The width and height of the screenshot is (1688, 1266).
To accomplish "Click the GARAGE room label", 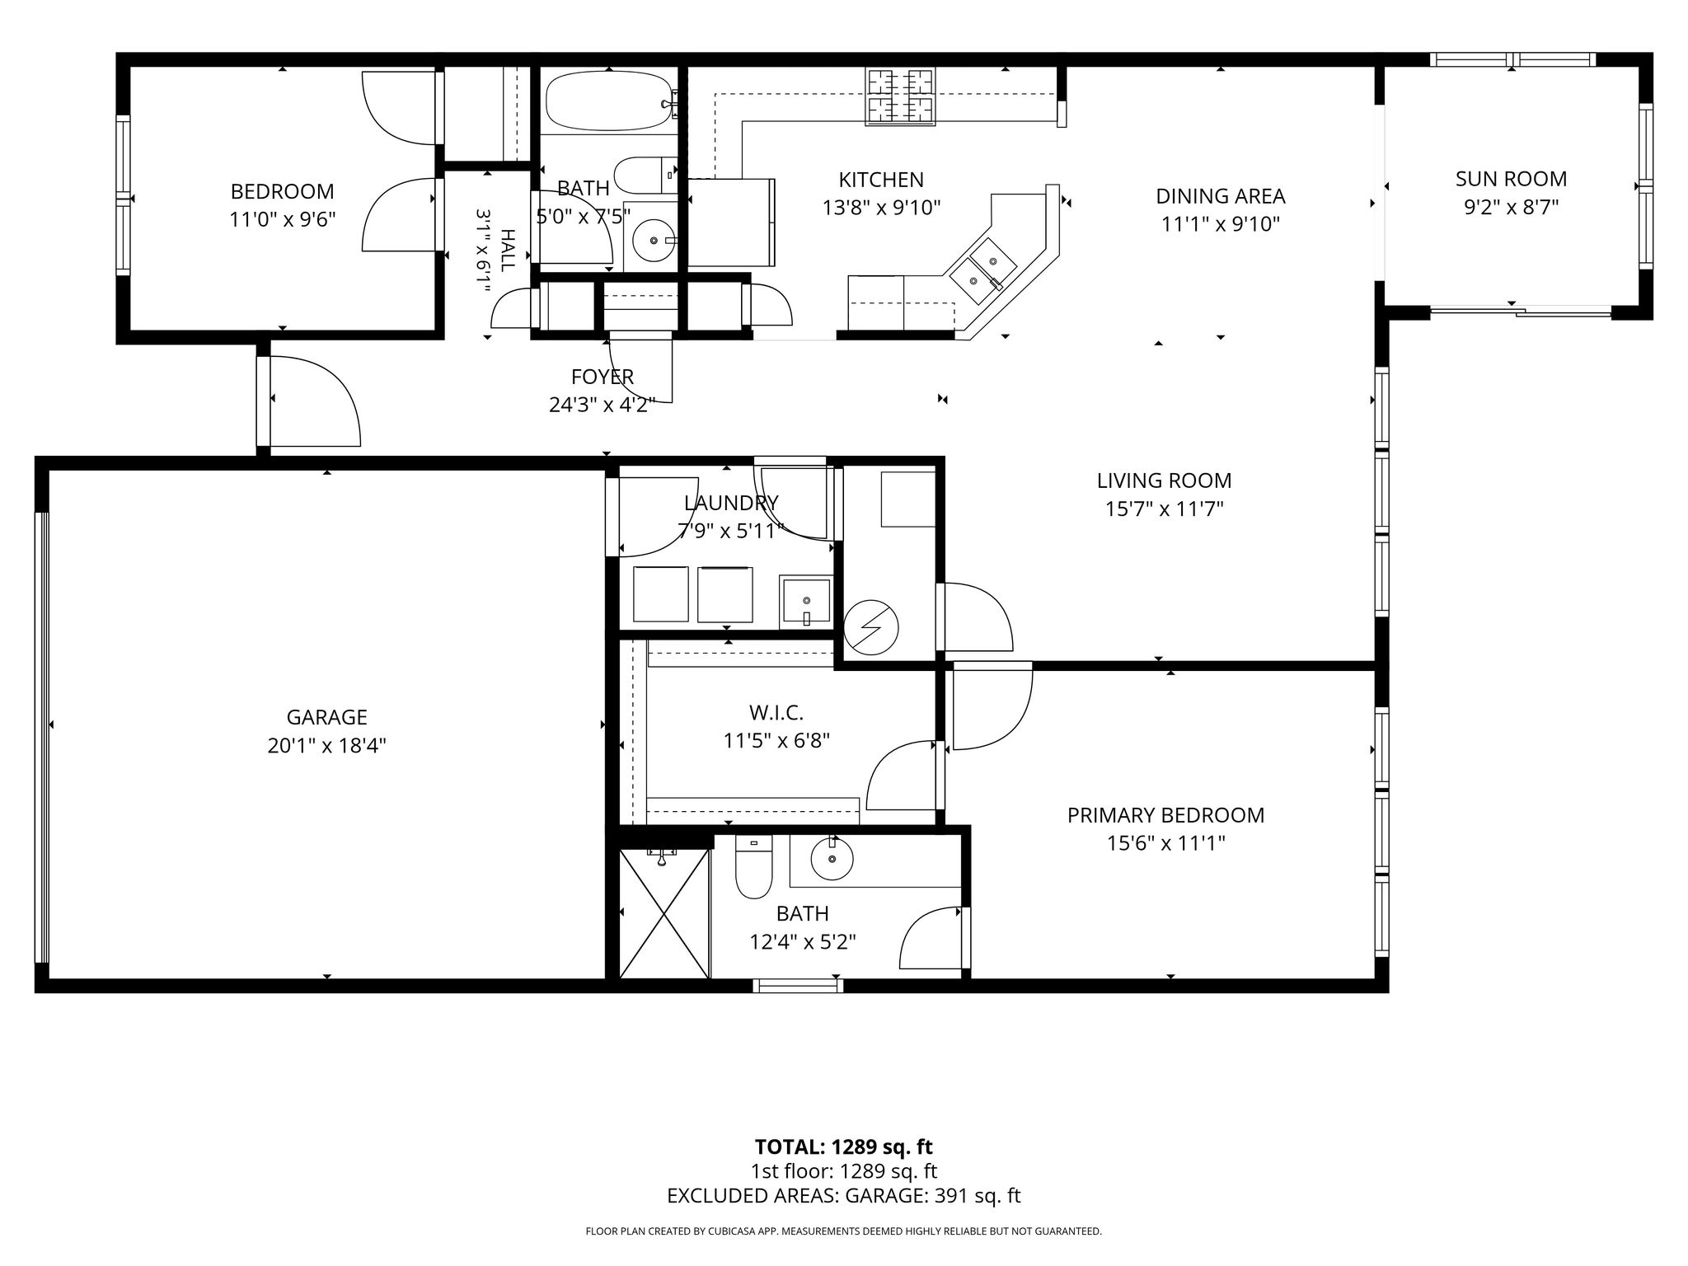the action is pyautogui.click(x=327, y=717).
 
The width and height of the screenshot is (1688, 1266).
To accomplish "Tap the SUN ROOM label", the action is pyautogui.click(x=1511, y=179).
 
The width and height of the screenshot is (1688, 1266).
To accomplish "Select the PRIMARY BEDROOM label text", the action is pyautogui.click(x=1165, y=815).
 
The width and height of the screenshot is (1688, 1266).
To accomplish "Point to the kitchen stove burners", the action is pyautogui.click(x=900, y=97).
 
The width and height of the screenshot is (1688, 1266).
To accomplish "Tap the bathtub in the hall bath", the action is pyautogui.click(x=610, y=101).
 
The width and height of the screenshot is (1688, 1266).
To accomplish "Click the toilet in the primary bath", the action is pyautogui.click(x=753, y=867).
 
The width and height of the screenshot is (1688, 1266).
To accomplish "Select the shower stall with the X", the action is pyautogui.click(x=664, y=913).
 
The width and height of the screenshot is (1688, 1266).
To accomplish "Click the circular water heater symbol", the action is pyautogui.click(x=871, y=630).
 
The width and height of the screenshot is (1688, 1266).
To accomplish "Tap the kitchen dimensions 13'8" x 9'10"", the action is pyautogui.click(x=881, y=208).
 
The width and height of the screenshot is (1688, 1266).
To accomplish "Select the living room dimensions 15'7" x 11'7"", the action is pyautogui.click(x=1164, y=509).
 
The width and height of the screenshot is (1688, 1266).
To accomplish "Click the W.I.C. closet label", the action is pyautogui.click(x=776, y=712).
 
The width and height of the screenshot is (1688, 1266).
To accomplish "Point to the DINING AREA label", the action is pyautogui.click(x=1220, y=196).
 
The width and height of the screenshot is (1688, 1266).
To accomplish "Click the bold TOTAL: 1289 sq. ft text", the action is pyautogui.click(x=844, y=1146).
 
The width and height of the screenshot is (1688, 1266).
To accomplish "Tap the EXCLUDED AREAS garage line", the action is pyautogui.click(x=844, y=1196).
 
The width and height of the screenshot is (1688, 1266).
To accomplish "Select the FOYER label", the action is pyautogui.click(x=603, y=377).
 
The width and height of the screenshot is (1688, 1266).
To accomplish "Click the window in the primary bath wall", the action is pyautogui.click(x=799, y=985).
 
